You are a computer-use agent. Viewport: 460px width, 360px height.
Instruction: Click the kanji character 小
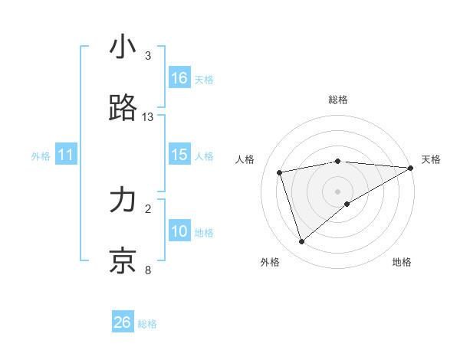click(123, 47)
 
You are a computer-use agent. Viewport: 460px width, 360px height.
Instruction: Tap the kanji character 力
click(123, 201)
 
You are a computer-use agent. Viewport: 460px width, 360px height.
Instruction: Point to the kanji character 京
click(123, 260)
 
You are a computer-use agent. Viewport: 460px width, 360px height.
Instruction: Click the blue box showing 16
click(179, 78)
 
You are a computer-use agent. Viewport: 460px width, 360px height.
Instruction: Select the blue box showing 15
click(179, 155)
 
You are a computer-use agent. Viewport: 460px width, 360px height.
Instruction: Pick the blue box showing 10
click(179, 231)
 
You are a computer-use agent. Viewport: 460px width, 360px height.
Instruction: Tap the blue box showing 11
click(66, 155)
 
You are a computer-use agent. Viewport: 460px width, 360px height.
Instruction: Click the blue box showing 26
click(123, 322)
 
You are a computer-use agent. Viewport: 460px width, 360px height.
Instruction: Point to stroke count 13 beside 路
click(148, 117)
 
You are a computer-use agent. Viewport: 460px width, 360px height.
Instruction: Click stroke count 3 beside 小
click(148, 56)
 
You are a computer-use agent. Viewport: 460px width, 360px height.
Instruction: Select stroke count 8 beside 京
click(148, 270)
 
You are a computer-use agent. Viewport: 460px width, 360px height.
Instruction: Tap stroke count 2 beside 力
click(148, 208)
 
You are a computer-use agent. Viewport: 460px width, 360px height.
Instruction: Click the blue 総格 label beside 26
click(147, 324)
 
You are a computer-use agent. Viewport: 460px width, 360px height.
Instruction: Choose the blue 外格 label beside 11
click(41, 156)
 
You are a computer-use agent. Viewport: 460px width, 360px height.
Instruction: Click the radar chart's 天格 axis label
click(431, 159)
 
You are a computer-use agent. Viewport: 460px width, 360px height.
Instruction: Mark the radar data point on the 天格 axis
click(411, 167)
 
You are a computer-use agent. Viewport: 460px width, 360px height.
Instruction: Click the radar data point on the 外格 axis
click(301, 241)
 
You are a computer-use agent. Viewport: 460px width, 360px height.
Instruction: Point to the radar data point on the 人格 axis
click(280, 172)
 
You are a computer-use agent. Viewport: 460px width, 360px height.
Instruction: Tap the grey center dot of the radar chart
click(338, 191)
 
